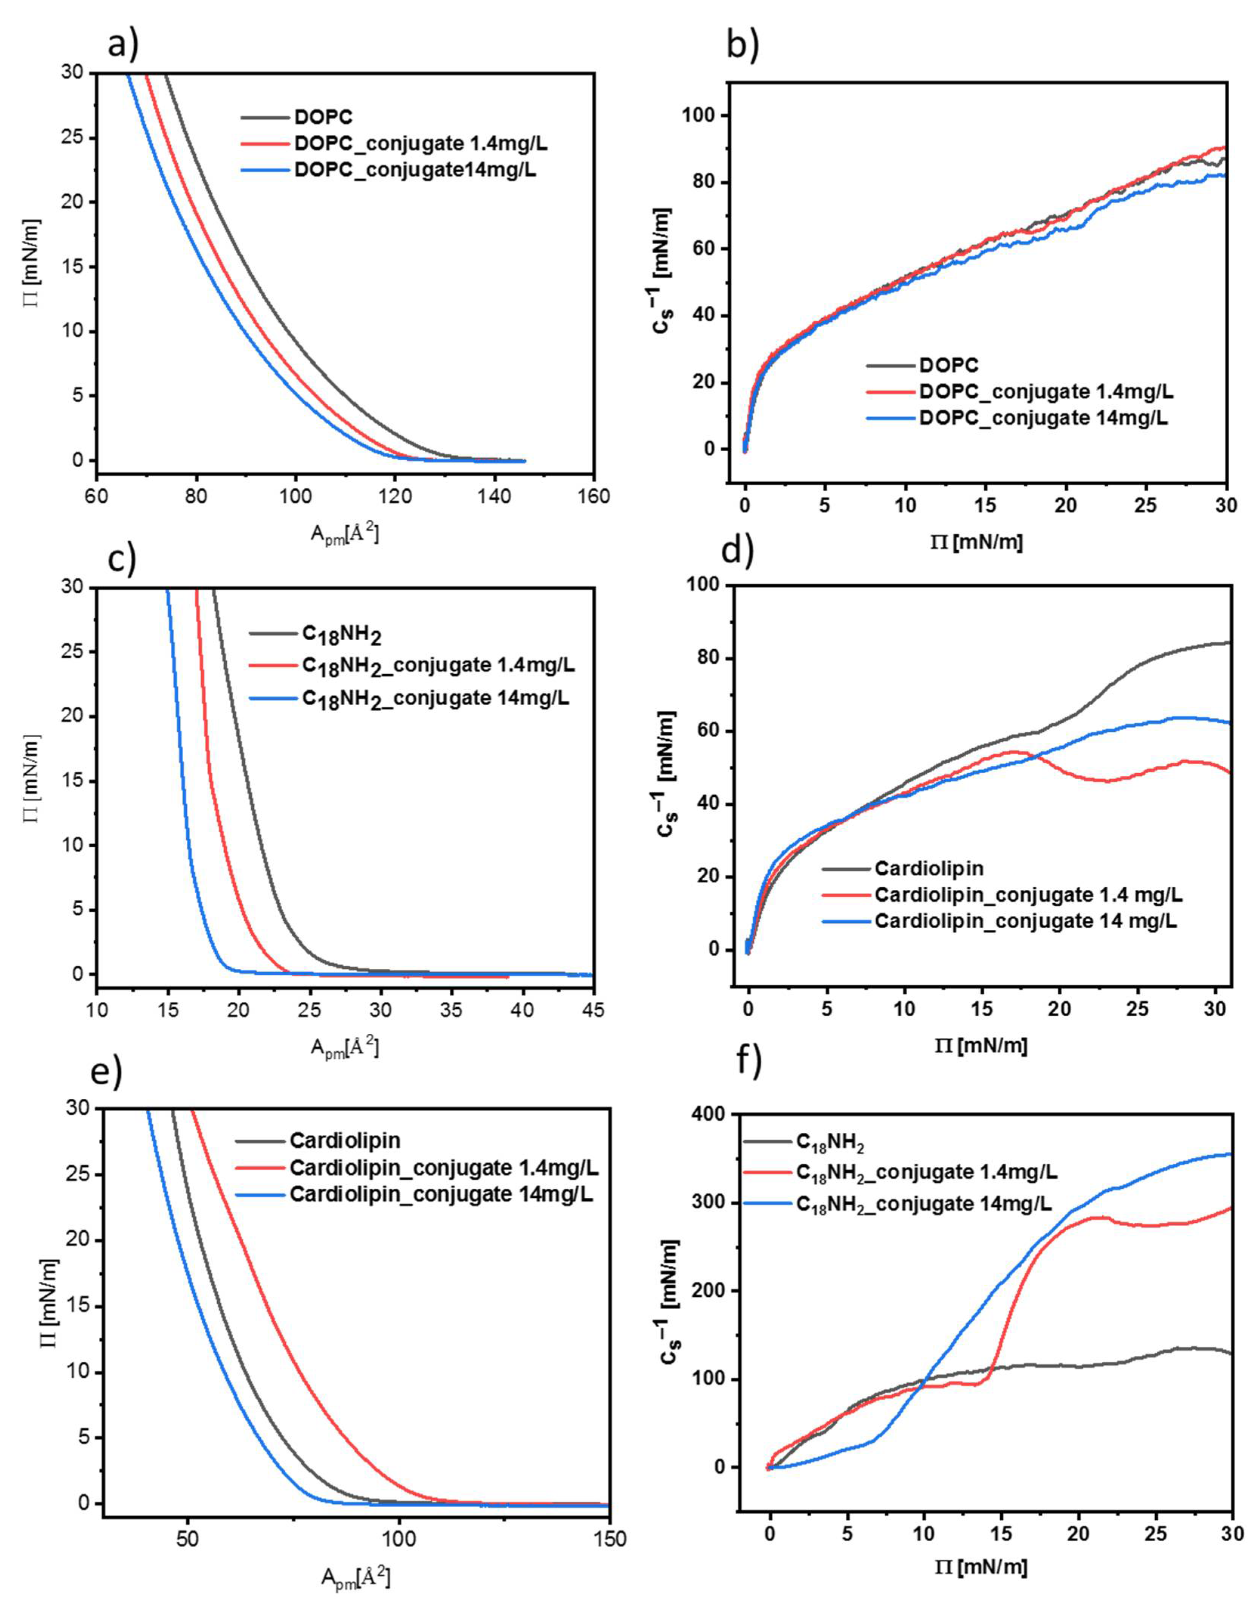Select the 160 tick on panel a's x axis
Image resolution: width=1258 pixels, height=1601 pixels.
coord(594,497)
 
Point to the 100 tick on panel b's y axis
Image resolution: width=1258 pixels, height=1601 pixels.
coord(700,116)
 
